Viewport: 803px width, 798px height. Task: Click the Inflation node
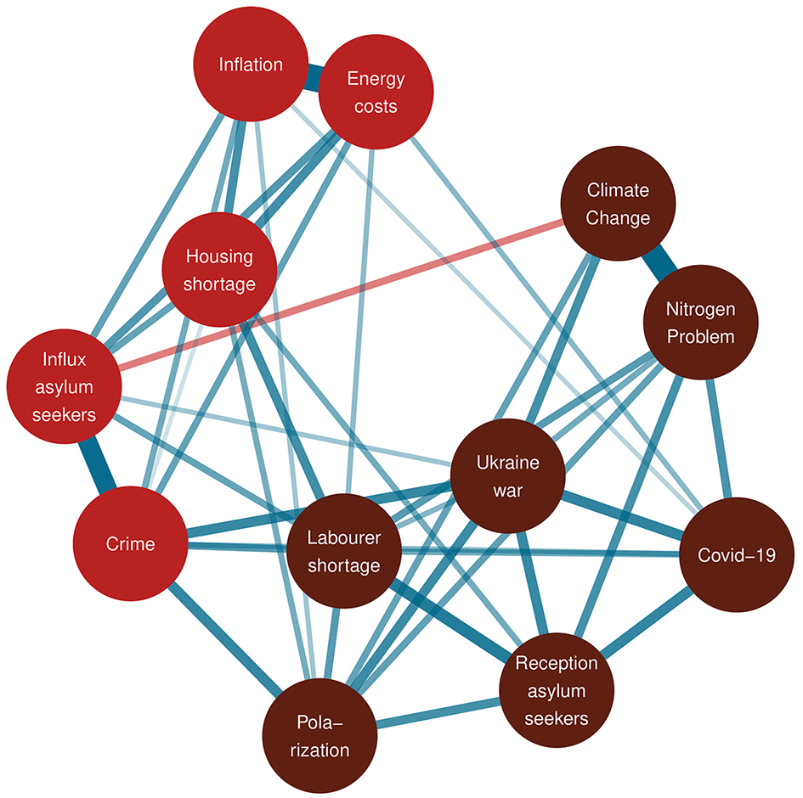251,64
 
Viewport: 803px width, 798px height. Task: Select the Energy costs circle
376,92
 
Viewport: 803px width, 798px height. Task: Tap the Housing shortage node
220,270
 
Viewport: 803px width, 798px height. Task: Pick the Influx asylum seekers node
64,386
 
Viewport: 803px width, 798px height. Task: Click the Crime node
131,543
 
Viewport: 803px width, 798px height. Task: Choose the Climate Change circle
618,204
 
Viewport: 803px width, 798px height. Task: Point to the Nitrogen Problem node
700,323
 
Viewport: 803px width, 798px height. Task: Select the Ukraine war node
508,475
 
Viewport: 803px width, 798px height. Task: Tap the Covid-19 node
737,554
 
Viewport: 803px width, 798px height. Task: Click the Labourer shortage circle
344,551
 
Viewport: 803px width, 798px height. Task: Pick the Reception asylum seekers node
557,690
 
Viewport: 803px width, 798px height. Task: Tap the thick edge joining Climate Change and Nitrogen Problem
659,263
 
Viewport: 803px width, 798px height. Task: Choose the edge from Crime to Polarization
225,639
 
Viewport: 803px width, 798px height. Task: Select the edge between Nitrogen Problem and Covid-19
719,438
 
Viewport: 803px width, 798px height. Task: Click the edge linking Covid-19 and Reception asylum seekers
647,622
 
